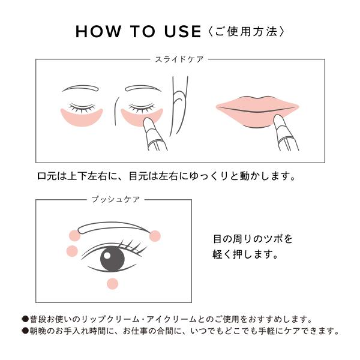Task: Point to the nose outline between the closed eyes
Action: pyautogui.click(x=113, y=105)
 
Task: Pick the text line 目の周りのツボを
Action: pyautogui.click(x=253, y=239)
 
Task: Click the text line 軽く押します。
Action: pyautogui.click(x=245, y=254)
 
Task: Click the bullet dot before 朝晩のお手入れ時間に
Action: pyautogui.click(x=25, y=331)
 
